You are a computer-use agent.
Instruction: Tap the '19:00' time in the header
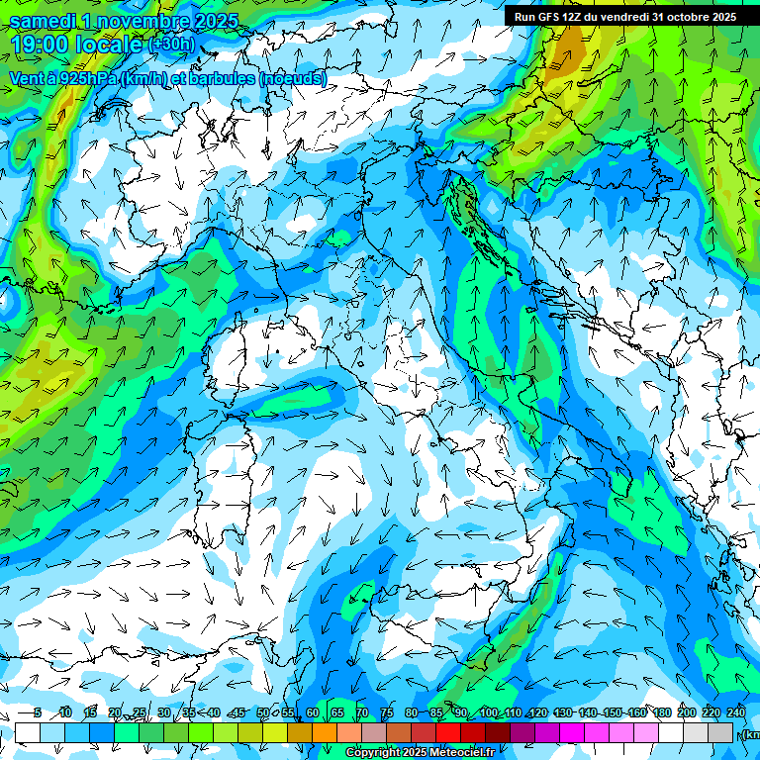(x=40, y=45)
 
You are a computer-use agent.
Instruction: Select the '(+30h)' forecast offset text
(x=171, y=45)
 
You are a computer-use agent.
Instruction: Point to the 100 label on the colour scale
(x=488, y=712)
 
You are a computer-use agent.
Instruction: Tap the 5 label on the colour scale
(x=37, y=712)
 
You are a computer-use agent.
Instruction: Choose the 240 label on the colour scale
(x=735, y=712)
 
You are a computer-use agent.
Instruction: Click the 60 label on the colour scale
(x=313, y=712)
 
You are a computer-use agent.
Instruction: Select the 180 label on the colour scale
(x=660, y=712)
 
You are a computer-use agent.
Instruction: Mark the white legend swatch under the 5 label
(x=28, y=732)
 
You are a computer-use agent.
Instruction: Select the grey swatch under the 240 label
(x=720, y=732)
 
